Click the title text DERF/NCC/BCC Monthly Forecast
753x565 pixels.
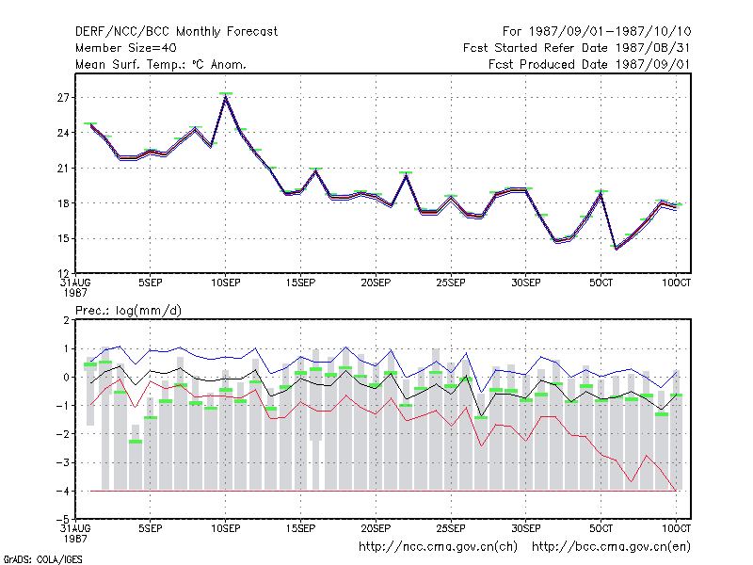[x=176, y=32]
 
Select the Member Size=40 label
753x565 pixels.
[x=126, y=48]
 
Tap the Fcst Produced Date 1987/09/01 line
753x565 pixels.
[x=589, y=64]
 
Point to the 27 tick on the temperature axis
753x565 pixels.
[x=63, y=98]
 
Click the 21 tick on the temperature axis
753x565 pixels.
[x=63, y=169]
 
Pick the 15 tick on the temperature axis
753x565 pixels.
[x=63, y=239]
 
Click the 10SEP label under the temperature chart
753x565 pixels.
[x=226, y=283]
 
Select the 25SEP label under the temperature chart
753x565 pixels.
[x=451, y=283]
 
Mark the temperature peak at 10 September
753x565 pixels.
[x=226, y=97]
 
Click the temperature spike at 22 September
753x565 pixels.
[x=406, y=176]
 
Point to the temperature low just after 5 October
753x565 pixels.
[x=617, y=248]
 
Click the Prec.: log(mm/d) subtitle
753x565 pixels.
[x=128, y=311]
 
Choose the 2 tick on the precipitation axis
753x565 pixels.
[x=66, y=320]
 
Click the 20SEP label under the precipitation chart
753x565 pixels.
[x=376, y=528]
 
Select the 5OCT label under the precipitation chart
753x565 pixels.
[x=601, y=528]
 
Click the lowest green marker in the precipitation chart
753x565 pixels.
[x=136, y=442]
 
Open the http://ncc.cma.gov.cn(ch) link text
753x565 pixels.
[x=438, y=547]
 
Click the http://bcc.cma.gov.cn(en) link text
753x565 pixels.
[x=611, y=547]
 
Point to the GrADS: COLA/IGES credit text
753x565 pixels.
[x=42, y=559]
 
